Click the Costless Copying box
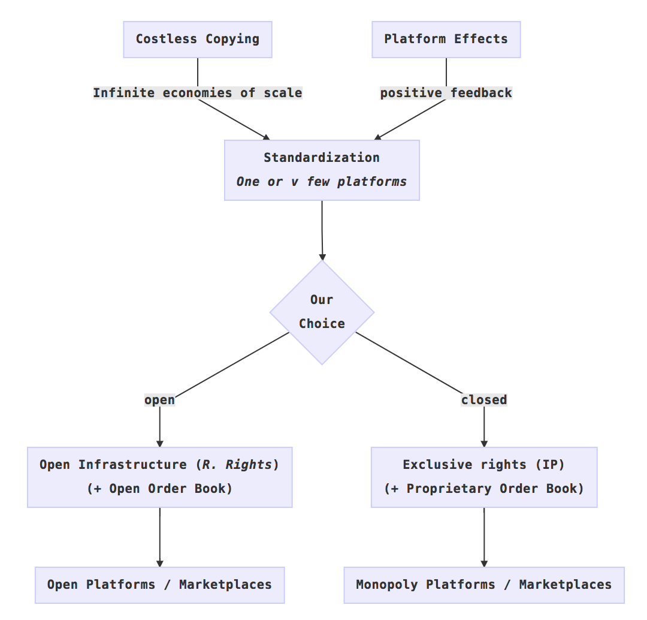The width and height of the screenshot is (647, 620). pos(198,40)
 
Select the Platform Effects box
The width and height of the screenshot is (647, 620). pos(446,40)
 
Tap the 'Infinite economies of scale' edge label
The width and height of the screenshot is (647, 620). pos(198,93)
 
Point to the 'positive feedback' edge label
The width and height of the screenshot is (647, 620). pos(446,93)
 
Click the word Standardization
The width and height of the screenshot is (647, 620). pos(322,158)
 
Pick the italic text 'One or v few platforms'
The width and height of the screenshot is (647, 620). pos(322,182)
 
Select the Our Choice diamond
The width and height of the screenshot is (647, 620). pos(322,312)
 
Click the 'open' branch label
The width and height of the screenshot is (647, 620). pos(159,400)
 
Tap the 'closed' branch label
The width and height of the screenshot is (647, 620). pos(483,400)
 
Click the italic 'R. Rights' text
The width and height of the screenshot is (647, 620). pos(237,465)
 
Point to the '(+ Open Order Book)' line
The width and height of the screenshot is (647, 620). pos(159,489)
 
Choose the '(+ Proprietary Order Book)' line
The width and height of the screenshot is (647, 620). pos(483,489)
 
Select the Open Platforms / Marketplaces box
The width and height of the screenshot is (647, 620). pos(159,585)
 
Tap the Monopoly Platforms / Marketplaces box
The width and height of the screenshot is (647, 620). pos(483,585)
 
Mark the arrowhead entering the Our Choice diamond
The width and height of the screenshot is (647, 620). pos(322,256)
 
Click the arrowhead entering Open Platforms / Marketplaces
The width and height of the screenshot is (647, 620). pos(159,563)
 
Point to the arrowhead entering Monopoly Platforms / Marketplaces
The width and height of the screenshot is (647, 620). pos(483,563)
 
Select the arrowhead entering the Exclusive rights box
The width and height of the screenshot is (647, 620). pos(483,443)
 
